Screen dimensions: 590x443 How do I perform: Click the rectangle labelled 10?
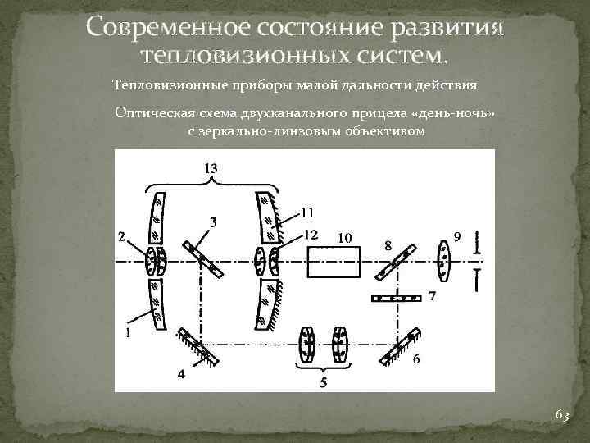pos(334,262)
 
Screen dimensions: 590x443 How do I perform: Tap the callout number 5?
pos(323,382)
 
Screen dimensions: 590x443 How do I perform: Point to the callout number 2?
pos(121,237)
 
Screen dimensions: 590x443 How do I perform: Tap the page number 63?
pos(561,416)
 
